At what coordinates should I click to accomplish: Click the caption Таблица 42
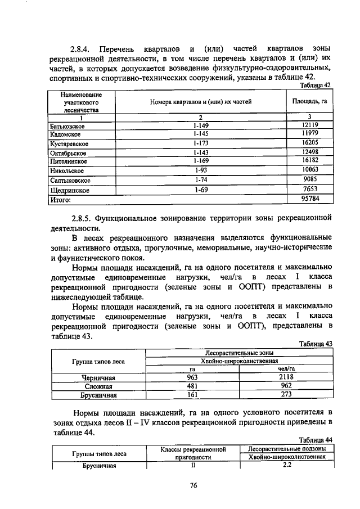pyautogui.click(x=316, y=85)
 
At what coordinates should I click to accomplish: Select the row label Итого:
pyautogui.click(x=59, y=200)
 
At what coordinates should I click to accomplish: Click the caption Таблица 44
pyautogui.click(x=316, y=439)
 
